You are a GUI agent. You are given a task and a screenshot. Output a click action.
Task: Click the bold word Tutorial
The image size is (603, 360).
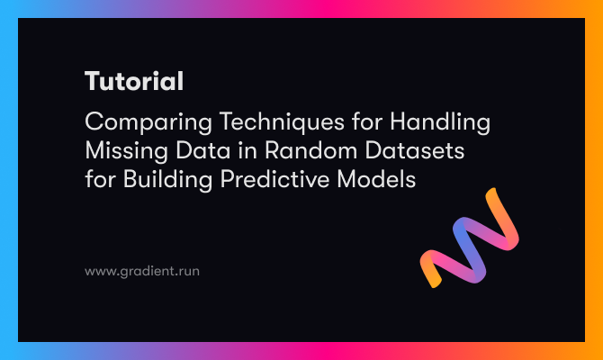click(x=134, y=82)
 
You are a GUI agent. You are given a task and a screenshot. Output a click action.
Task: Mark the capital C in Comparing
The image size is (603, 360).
click(x=93, y=122)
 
